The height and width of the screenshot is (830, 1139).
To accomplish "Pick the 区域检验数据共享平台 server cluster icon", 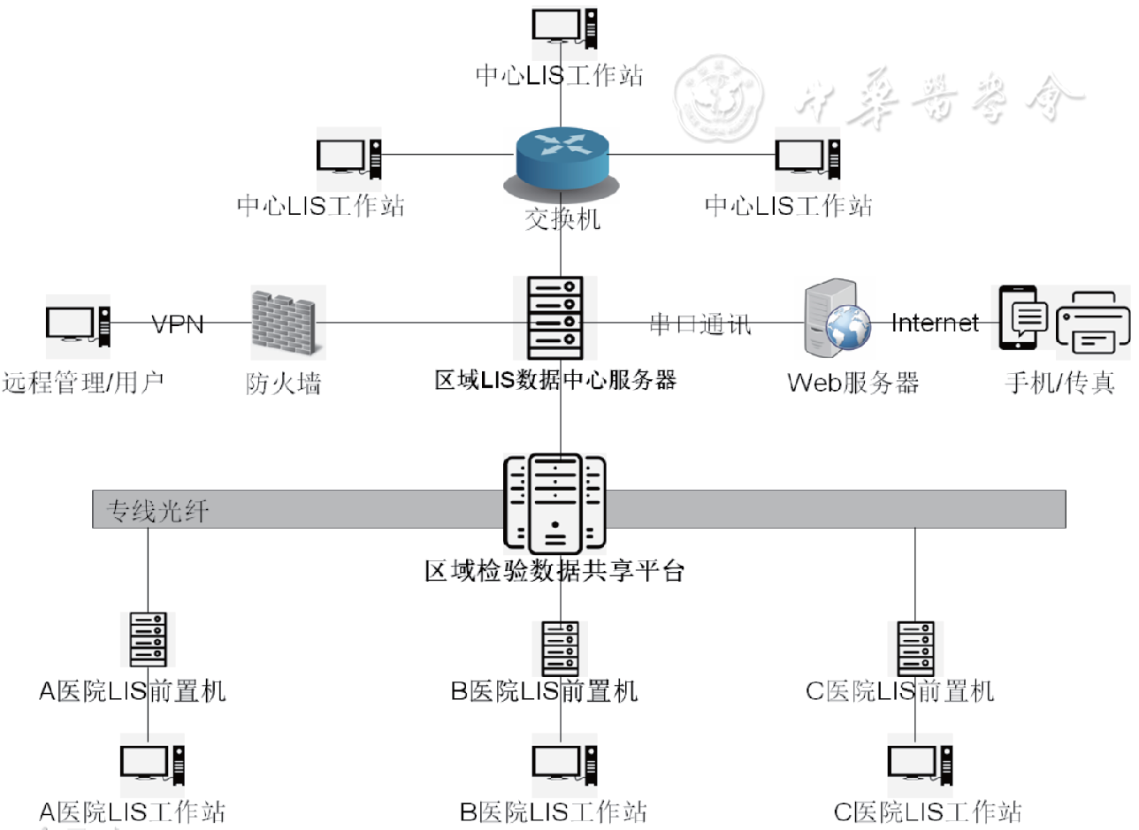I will [x=555, y=502].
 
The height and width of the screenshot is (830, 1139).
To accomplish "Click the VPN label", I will [x=178, y=324].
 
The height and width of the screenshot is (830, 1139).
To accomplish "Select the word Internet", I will [x=935, y=323].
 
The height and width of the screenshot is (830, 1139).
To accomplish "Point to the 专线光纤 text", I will [x=158, y=511].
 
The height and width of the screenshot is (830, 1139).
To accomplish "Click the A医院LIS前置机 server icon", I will [x=148, y=641].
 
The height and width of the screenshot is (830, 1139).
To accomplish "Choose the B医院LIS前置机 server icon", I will [x=561, y=649].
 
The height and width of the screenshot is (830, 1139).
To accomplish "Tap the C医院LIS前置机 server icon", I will [x=915, y=649].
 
